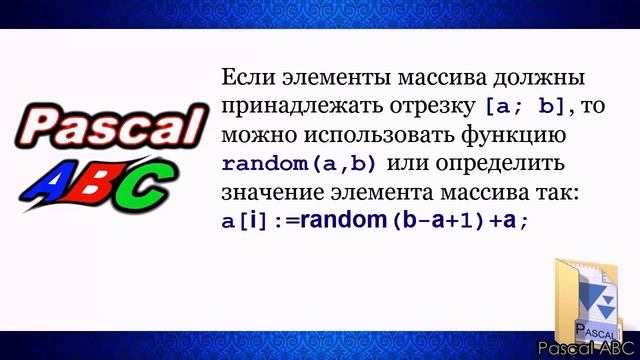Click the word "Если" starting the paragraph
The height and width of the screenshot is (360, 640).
coord(243,78)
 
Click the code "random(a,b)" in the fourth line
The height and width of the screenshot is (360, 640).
coord(300,162)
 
